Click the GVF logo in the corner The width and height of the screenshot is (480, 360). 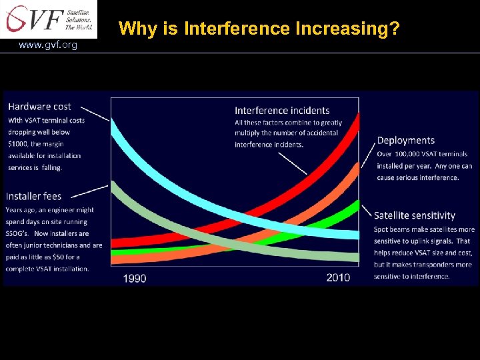49,19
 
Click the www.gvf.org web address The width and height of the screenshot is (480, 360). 48,45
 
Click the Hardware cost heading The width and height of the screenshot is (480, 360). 39,107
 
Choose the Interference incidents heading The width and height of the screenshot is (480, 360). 282,110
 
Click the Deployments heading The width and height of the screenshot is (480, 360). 405,141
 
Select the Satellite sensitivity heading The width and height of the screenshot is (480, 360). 415,215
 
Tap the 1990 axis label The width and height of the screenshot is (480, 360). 135,277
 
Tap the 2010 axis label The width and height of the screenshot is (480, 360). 338,277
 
